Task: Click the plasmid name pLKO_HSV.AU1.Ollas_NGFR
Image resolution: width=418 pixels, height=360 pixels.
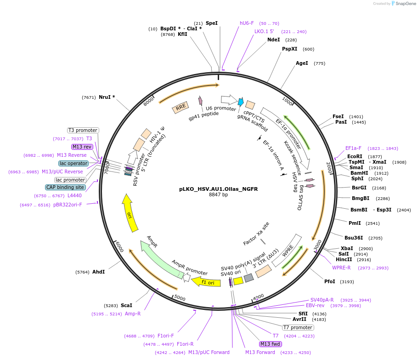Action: click(218, 189)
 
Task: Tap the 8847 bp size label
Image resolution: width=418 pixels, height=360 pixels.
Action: click(218, 195)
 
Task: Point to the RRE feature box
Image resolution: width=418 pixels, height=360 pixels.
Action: click(181, 107)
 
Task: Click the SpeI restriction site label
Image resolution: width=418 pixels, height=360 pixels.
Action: click(212, 23)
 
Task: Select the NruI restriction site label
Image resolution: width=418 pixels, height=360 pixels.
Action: click(107, 97)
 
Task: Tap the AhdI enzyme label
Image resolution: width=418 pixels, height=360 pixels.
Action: click(99, 272)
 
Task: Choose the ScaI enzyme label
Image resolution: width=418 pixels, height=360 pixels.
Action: click(126, 305)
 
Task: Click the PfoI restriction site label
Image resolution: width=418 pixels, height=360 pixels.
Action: click(330, 281)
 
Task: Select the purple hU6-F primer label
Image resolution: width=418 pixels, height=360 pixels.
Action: click(247, 23)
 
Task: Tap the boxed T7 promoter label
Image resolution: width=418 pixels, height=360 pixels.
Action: click(298, 328)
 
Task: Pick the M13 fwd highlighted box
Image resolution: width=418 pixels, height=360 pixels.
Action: click(270, 344)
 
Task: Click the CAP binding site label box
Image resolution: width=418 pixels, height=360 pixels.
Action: click(65, 187)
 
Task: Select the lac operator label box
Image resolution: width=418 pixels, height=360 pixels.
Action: click(73, 163)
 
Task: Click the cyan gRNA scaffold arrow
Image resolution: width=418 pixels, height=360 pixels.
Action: click(240, 102)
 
